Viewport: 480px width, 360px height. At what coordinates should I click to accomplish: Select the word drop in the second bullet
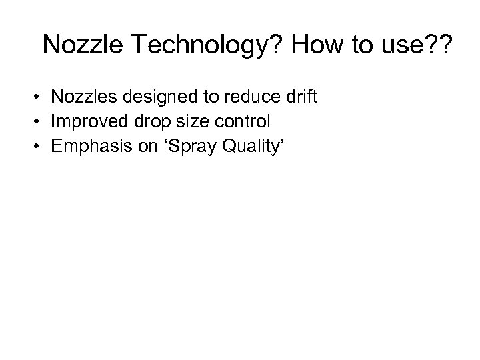point(145,122)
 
